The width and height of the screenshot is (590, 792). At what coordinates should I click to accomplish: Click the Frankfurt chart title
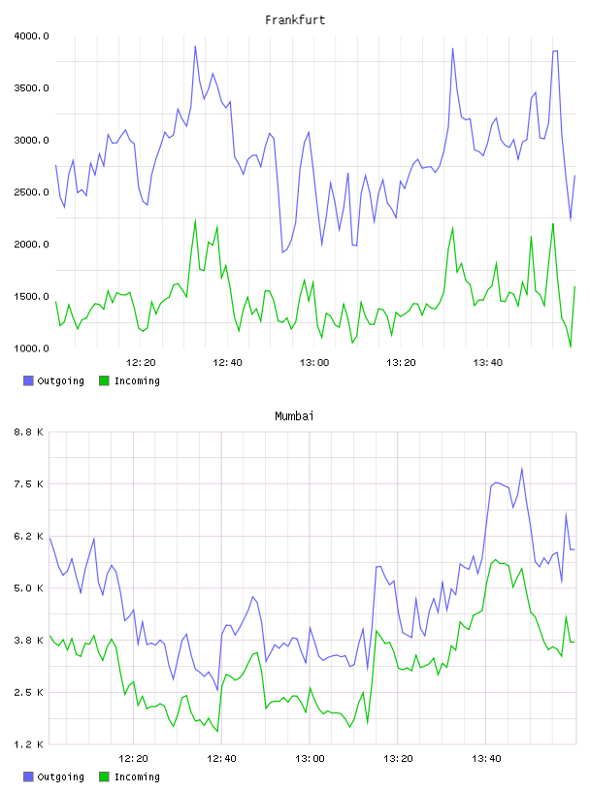pos(295,20)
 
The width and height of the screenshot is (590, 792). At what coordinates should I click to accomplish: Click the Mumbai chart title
pos(294,416)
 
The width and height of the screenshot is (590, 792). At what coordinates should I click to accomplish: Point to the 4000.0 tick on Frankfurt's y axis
pos(31,36)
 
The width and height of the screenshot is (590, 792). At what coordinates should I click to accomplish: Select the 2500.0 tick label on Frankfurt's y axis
pos(31,192)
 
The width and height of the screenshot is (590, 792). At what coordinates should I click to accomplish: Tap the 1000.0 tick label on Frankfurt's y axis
pos(31,348)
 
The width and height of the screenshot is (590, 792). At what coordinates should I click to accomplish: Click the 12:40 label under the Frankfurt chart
pos(227,363)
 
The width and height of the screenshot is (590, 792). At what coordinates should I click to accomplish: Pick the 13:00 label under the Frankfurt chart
pos(314,363)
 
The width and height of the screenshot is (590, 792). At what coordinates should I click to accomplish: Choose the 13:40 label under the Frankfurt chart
pos(488,363)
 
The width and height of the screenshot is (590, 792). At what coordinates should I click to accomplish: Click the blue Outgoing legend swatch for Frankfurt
pos(28,380)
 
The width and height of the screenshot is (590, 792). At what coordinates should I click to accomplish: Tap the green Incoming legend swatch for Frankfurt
pos(104,380)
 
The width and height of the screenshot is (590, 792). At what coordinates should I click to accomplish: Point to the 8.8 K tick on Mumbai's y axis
pos(28,432)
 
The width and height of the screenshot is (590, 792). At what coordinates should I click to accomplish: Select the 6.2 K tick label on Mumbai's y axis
pos(28,537)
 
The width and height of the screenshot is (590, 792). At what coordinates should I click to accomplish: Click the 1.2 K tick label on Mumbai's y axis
pos(28,744)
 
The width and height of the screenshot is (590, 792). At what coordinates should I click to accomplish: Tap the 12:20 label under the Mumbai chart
pos(133,759)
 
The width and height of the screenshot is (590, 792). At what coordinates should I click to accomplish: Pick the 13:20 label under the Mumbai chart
pos(398,759)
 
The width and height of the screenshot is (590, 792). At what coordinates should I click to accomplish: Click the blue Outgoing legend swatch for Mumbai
pos(28,776)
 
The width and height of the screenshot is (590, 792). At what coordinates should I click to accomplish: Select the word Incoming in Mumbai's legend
pos(137,777)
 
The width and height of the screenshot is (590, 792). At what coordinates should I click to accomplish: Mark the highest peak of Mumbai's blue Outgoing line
pos(522,469)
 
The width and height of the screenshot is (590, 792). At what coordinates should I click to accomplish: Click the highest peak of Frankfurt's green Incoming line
pos(195,220)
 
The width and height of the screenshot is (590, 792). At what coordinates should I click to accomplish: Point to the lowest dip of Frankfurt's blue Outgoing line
pos(283,252)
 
